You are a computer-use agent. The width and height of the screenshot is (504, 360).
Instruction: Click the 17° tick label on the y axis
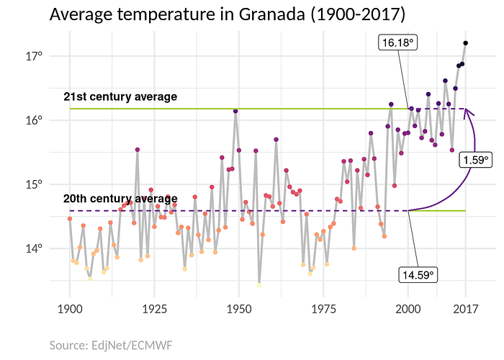coord(36,55)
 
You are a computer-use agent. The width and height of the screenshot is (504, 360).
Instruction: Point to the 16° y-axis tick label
coord(36,120)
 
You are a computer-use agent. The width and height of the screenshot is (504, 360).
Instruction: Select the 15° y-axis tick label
coord(36,184)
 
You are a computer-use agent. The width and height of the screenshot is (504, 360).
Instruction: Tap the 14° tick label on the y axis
coord(36,249)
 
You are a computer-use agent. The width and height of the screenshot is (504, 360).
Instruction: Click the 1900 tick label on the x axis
coord(70,309)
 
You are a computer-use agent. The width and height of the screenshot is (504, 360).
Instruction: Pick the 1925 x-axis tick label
coord(154,309)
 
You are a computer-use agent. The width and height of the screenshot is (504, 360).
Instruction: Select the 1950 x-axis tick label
coord(239,309)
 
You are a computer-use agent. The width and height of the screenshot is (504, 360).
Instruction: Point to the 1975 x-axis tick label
coord(323,309)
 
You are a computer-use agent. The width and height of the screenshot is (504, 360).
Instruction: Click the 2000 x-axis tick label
coord(408,309)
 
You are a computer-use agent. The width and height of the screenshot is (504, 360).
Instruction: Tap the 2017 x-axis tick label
coord(465,309)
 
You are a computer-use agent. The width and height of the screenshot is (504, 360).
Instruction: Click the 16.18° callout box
coord(398,43)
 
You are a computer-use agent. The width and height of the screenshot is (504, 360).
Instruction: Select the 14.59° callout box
coord(418,274)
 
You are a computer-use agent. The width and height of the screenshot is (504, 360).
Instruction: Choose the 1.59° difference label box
coord(475,160)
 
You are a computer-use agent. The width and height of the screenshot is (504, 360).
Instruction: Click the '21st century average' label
coord(120,96)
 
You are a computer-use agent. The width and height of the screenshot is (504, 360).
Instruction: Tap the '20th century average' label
coord(120,199)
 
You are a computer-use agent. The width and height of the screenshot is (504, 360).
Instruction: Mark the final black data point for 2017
coord(466,43)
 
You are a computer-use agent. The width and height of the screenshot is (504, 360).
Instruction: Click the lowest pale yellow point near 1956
coord(259,284)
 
